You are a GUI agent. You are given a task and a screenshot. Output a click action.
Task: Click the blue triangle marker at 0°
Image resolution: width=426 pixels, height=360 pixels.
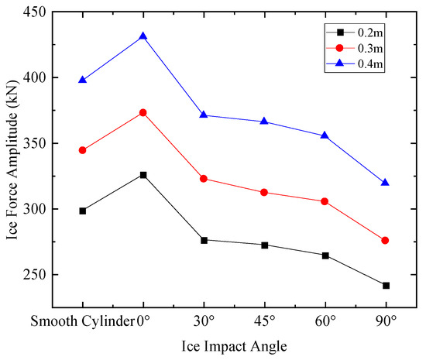point(143,36)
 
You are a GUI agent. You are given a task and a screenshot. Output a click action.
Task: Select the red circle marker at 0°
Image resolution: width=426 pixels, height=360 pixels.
point(143,112)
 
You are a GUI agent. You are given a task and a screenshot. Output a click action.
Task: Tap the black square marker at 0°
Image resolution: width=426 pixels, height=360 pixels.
point(143,175)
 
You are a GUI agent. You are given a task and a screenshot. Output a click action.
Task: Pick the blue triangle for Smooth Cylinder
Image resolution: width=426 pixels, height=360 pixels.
point(83,80)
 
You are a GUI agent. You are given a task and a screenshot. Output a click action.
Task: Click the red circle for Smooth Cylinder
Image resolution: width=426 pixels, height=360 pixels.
point(83,150)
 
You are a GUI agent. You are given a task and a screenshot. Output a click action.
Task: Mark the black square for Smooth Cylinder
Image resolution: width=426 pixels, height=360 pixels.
point(83,211)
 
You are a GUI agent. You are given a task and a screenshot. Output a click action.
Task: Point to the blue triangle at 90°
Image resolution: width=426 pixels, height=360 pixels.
point(386,183)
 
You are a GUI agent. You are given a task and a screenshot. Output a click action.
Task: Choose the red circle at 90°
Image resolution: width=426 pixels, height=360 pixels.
point(386,241)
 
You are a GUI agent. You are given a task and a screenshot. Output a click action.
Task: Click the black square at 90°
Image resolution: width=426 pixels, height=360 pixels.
point(386,286)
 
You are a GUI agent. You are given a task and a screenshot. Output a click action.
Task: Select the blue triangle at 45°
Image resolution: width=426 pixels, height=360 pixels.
point(264,122)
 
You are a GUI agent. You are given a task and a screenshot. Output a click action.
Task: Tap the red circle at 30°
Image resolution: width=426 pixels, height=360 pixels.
point(204,179)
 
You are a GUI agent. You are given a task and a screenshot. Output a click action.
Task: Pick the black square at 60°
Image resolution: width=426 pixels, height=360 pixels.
point(325,255)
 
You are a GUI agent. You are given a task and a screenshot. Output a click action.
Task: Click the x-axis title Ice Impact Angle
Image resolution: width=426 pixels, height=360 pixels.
point(233,345)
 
